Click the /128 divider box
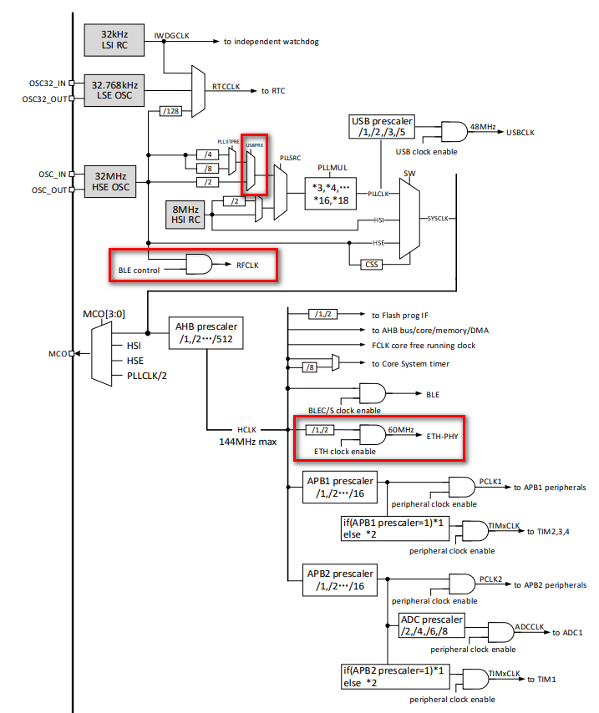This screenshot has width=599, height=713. pos(170,111)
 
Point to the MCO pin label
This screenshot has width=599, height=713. pos(58,354)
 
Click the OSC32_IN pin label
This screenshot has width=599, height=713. pos(48,83)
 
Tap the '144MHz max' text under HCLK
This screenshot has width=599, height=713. pos(248,442)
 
